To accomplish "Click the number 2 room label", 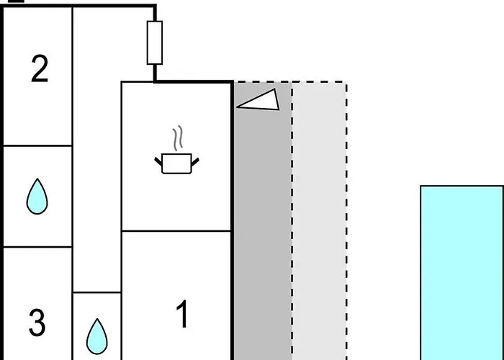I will (40, 69).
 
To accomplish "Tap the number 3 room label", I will (37, 323).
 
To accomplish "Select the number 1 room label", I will (183, 315).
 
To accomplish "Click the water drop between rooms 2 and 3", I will (37, 196).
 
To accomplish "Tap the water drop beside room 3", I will (96, 334).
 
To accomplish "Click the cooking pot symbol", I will (175, 163).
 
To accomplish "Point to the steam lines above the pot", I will (176, 138).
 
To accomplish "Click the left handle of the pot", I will (159, 159).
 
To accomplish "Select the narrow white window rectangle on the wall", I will (154, 42).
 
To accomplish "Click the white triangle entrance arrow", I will (258, 101).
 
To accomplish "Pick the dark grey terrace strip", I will (262, 230).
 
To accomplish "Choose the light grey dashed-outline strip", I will (319, 230).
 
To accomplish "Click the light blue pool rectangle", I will (462, 274).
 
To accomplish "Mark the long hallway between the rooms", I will (96, 180).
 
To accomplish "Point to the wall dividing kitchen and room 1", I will (176, 231).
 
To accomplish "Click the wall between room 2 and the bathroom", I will (37, 145).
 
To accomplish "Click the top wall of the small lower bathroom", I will (96, 292).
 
